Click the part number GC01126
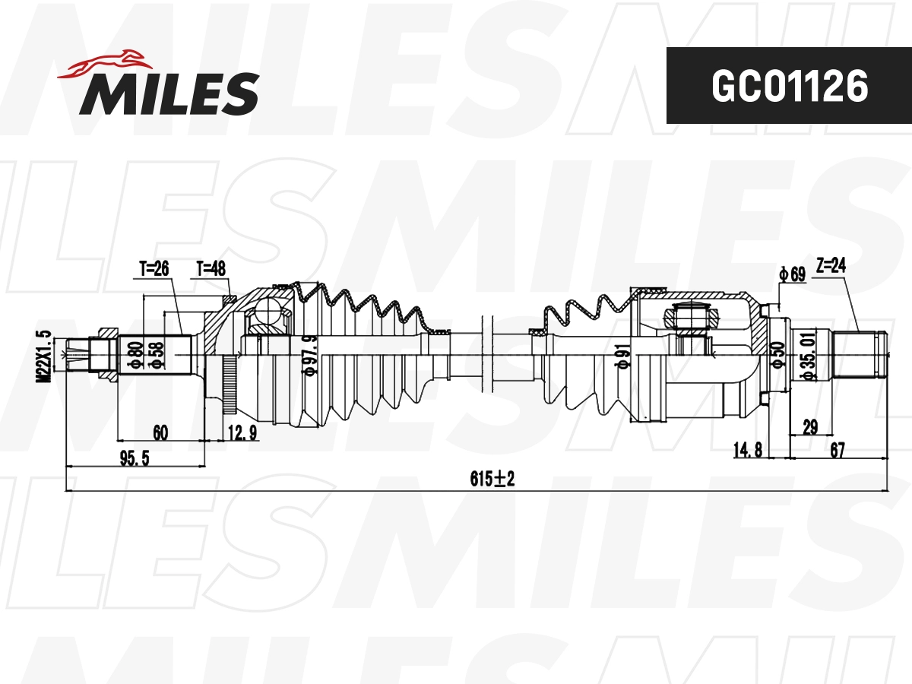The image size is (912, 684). (789, 87)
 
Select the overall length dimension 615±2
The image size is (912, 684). (492, 479)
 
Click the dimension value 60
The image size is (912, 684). (160, 433)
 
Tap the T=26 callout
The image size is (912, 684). (154, 268)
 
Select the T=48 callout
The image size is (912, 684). (211, 268)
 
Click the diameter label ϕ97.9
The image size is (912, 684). (309, 355)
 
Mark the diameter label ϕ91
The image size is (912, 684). (622, 355)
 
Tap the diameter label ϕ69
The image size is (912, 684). (792, 274)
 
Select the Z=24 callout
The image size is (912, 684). (830, 265)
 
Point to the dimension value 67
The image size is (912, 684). (838, 451)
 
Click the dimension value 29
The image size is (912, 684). (810, 427)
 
